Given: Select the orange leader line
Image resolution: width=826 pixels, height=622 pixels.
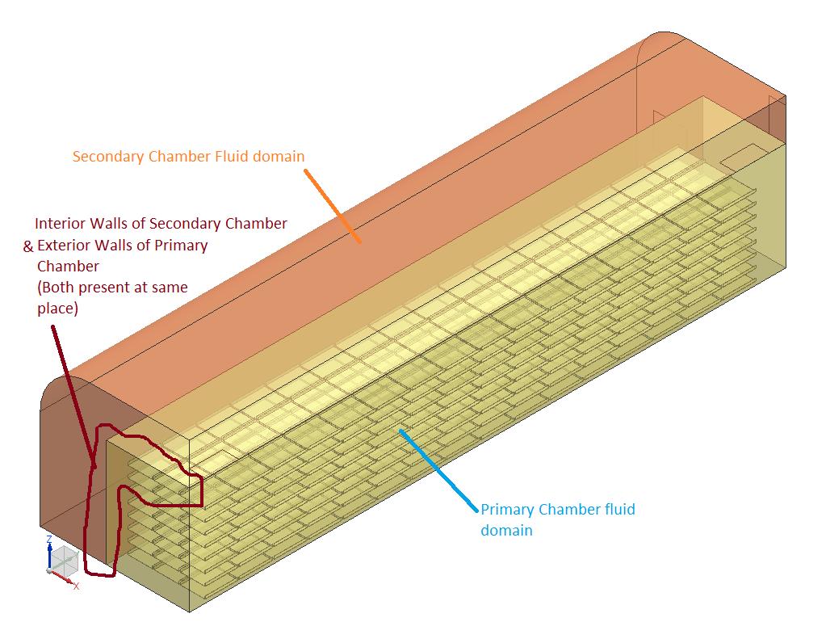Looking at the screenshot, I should pyautogui.click(x=332, y=206).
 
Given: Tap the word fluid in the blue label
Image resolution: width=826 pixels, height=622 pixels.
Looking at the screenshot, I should pyautogui.click(x=618, y=510).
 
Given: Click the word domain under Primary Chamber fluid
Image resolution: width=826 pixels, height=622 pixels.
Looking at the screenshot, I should pyautogui.click(x=506, y=531).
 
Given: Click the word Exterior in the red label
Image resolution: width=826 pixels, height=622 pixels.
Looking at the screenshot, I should pyautogui.click(x=65, y=245).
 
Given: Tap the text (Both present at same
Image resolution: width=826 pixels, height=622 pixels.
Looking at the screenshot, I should pyautogui.click(x=112, y=288).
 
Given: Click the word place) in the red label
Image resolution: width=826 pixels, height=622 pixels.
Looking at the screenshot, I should pyautogui.click(x=57, y=309).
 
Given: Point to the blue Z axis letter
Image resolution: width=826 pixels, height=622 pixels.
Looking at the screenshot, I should pyautogui.click(x=49, y=539).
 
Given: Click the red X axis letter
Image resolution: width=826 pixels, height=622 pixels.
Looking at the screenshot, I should pyautogui.click(x=76, y=586).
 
